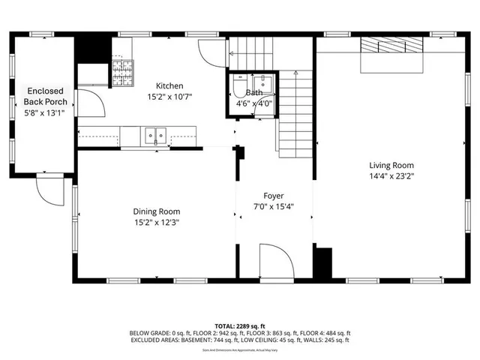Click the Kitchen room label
169,86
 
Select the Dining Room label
157,211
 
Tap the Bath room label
253,92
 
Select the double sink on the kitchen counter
154,136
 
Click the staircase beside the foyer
294,112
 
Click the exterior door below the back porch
50,192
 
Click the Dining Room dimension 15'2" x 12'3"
157,222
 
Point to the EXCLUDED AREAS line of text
239,340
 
